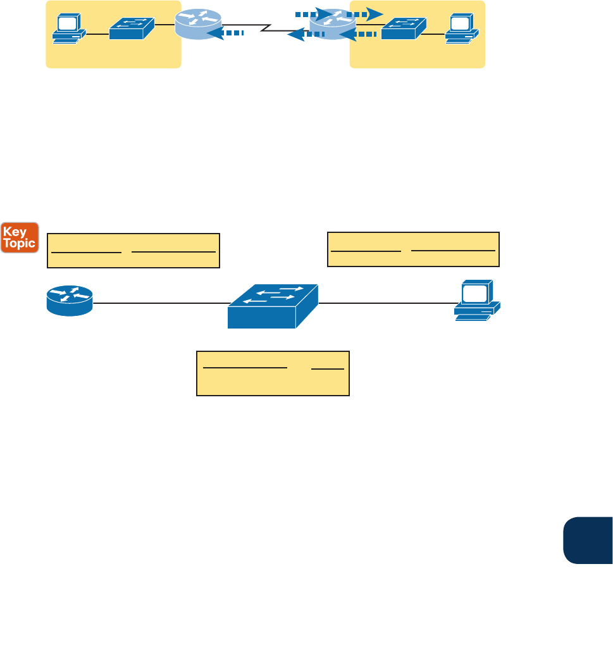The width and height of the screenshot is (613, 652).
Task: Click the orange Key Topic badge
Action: coord(20,237)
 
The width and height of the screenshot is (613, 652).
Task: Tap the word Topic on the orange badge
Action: coord(20,244)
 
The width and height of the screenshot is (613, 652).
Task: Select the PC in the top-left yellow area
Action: coord(67,29)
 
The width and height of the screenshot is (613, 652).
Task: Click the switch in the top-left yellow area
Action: coord(131,29)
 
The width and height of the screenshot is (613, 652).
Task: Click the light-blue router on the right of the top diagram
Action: coord(330,23)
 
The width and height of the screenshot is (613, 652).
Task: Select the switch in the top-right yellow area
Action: coord(402,29)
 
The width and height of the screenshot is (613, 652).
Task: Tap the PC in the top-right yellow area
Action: coord(461,29)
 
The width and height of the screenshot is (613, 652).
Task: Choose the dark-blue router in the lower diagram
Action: coord(70,300)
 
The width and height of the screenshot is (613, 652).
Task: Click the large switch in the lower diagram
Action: coord(273,305)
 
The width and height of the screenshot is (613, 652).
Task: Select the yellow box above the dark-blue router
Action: coord(134,251)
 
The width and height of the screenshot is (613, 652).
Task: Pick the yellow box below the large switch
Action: coord(273,373)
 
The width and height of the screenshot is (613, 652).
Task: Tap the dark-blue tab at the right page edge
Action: coord(588,540)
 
